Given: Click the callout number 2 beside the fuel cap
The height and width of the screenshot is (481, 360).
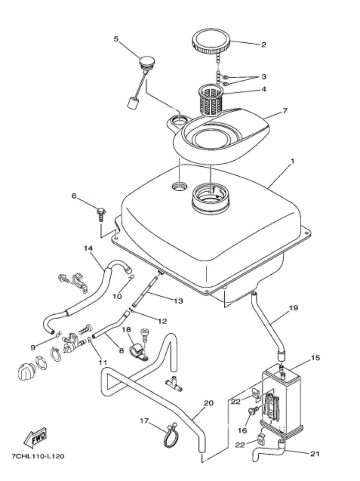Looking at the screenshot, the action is pyautogui.click(x=264, y=45).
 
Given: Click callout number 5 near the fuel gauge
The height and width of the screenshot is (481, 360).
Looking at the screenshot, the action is pyautogui.click(x=116, y=39).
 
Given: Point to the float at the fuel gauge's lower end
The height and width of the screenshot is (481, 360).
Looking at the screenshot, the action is pyautogui.click(x=132, y=101).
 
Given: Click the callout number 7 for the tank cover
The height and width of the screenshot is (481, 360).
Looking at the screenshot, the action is pyautogui.click(x=285, y=111).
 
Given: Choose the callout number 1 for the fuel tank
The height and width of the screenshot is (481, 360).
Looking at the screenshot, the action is pyautogui.click(x=292, y=161).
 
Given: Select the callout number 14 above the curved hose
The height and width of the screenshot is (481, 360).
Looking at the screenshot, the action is pyautogui.click(x=89, y=248).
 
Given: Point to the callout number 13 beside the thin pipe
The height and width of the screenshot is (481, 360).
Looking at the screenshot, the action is pyautogui.click(x=178, y=301).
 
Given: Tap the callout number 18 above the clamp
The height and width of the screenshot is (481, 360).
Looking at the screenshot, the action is pyautogui.click(x=127, y=330).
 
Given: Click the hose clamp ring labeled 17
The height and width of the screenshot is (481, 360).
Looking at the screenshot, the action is pyautogui.click(x=169, y=435).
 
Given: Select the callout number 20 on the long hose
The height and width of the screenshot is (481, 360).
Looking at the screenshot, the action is pyautogui.click(x=208, y=403).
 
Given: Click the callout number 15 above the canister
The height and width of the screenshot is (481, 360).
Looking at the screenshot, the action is pyautogui.click(x=315, y=358).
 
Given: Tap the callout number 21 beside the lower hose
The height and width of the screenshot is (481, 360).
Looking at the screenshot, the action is pyautogui.click(x=314, y=453).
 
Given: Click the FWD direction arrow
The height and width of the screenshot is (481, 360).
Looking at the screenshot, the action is pyautogui.click(x=35, y=437).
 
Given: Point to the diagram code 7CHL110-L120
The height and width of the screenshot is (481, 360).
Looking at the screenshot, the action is pyautogui.click(x=38, y=457).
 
